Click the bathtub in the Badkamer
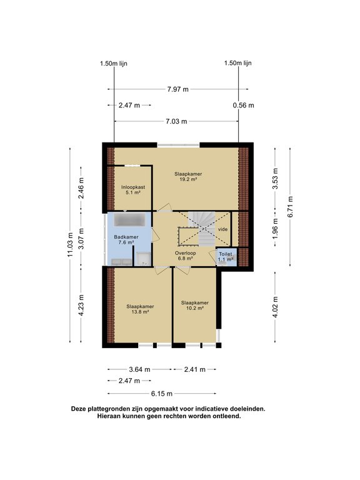click(x=129, y=221)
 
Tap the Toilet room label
click(x=224, y=257)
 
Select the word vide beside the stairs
click(x=223, y=229)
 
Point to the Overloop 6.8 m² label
click(x=186, y=256)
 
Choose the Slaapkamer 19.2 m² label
click(x=188, y=177)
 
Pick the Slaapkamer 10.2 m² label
click(x=194, y=306)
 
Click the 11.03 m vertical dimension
click(x=71, y=246)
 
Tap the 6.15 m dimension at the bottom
click(x=162, y=394)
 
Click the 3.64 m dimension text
click(x=138, y=369)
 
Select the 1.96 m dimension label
click(x=275, y=229)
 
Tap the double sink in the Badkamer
click(x=121, y=261)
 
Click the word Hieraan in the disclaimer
click(x=111, y=416)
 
